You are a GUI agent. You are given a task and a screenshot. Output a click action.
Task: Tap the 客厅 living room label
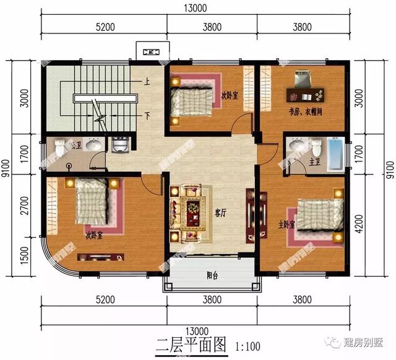point(220,212)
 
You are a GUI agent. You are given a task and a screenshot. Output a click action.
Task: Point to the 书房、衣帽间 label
point(304,112)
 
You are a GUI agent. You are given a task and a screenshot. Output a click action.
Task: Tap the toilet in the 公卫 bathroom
point(59,148)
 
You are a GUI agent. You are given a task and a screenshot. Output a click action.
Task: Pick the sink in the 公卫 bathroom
point(93,146)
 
